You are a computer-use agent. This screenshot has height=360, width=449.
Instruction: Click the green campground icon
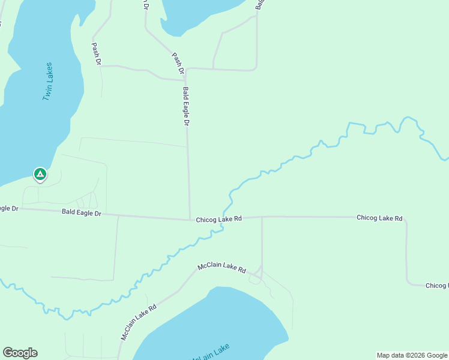(x=40, y=175)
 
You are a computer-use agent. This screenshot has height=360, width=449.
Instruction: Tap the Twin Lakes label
(x=47, y=81)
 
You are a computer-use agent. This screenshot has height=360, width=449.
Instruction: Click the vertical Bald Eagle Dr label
(x=186, y=106)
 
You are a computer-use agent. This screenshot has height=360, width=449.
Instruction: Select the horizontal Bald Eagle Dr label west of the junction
(x=82, y=213)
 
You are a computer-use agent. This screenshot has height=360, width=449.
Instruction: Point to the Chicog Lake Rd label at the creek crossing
(x=218, y=220)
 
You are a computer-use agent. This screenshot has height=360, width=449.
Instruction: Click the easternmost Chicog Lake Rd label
(x=379, y=218)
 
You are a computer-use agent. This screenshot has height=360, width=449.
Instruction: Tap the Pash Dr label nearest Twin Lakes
(x=96, y=53)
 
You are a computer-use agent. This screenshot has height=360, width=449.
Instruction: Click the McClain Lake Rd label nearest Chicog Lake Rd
(x=222, y=268)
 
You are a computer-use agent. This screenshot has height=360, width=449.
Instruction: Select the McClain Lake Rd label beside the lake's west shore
(x=139, y=322)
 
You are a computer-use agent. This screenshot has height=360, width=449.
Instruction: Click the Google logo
(x=20, y=353)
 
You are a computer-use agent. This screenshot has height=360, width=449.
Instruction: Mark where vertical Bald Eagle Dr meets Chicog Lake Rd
(x=190, y=220)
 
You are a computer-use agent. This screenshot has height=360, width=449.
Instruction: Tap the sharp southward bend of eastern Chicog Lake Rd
(x=406, y=221)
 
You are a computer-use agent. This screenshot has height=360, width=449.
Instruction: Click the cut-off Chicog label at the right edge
(x=436, y=286)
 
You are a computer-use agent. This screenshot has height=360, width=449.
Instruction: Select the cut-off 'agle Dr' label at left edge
(x=9, y=208)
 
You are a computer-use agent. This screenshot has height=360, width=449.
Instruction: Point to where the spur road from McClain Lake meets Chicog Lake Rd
(x=262, y=217)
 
